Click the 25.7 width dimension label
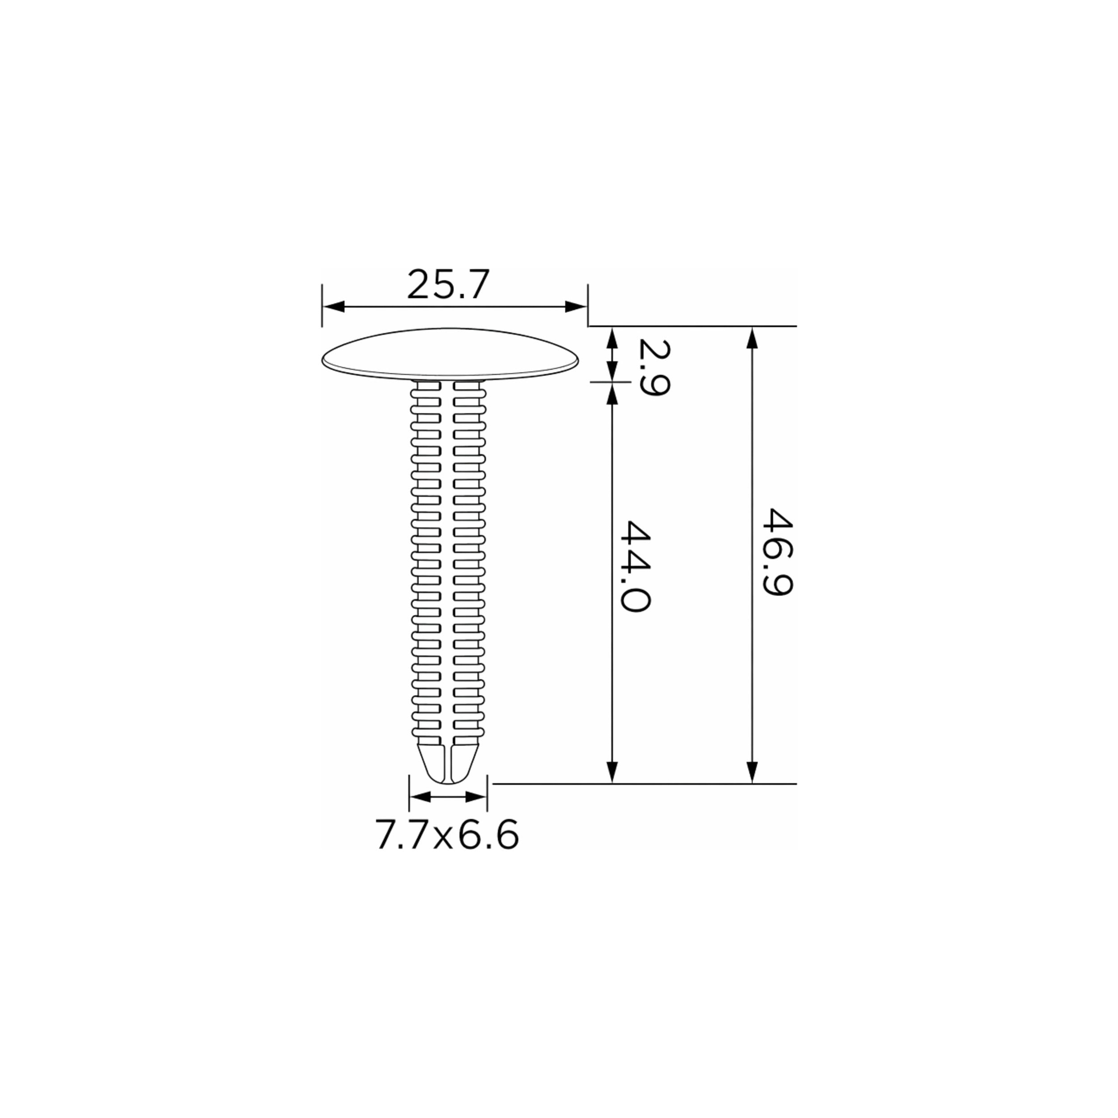point(449,284)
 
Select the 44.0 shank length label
point(635,566)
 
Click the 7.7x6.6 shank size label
point(447,835)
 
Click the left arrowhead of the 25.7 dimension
point(333,307)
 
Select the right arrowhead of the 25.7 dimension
point(576,307)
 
